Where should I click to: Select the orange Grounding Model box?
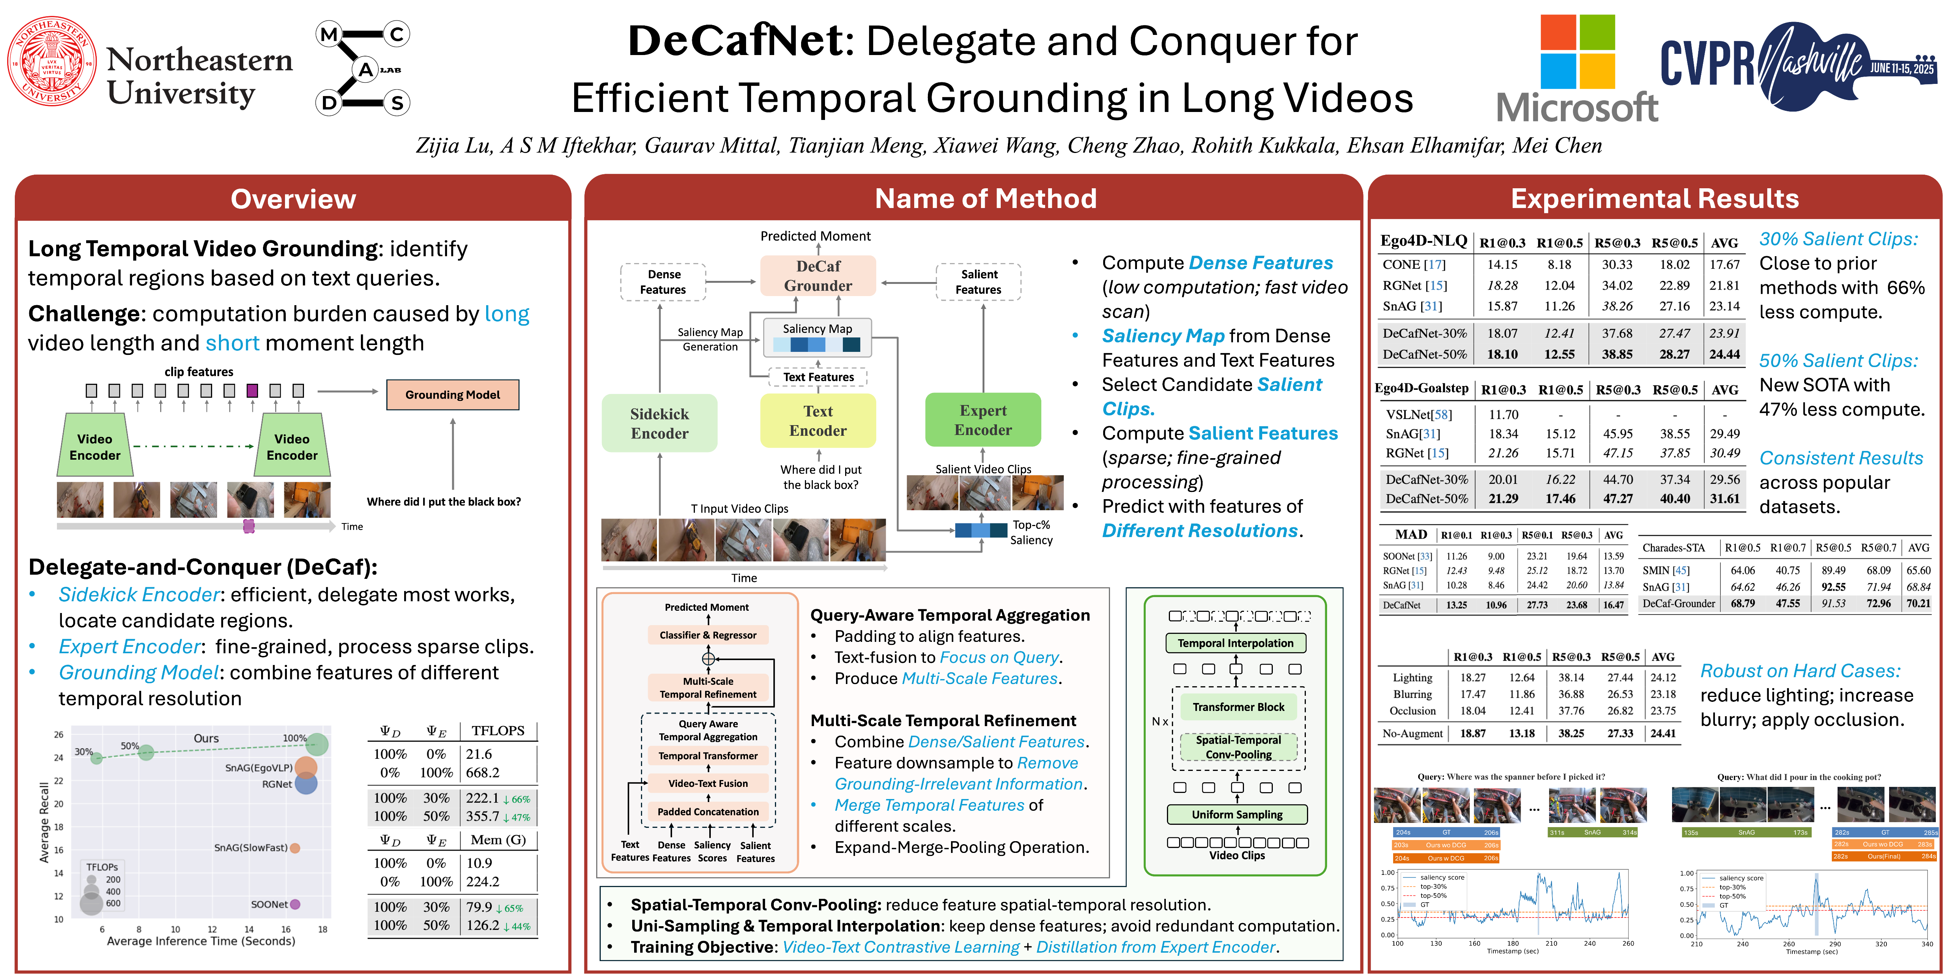pos(453,395)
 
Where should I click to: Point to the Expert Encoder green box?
pos(983,420)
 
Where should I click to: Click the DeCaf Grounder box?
pos(818,275)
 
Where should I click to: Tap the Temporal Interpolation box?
pos(1236,643)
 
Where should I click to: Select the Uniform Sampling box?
pos(1237,814)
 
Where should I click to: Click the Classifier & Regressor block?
pos(707,635)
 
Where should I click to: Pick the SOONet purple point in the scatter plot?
pos(295,904)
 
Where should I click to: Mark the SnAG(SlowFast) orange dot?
pos(295,848)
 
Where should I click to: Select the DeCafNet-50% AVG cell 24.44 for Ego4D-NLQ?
pos(1724,354)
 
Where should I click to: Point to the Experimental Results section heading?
pos(1654,199)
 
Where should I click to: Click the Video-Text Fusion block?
pos(707,783)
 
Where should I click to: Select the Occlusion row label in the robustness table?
pos(1412,711)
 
